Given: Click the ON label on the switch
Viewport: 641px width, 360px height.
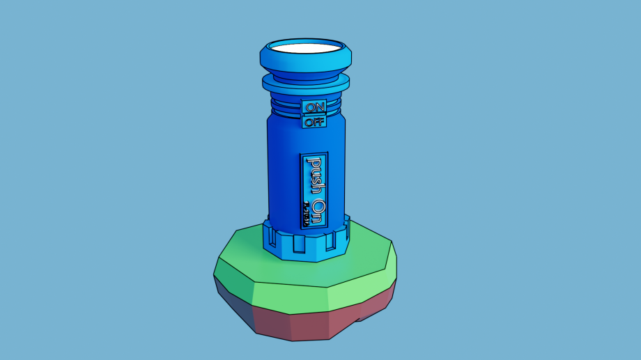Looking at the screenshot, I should pos(315,107).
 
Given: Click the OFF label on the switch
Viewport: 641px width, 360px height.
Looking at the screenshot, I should pos(315,122).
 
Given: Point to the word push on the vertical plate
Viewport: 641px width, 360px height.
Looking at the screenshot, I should pos(315,175).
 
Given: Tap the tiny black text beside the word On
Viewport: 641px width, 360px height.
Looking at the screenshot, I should pos(306,213).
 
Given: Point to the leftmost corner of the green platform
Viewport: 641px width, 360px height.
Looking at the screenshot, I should pos(214,274).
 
